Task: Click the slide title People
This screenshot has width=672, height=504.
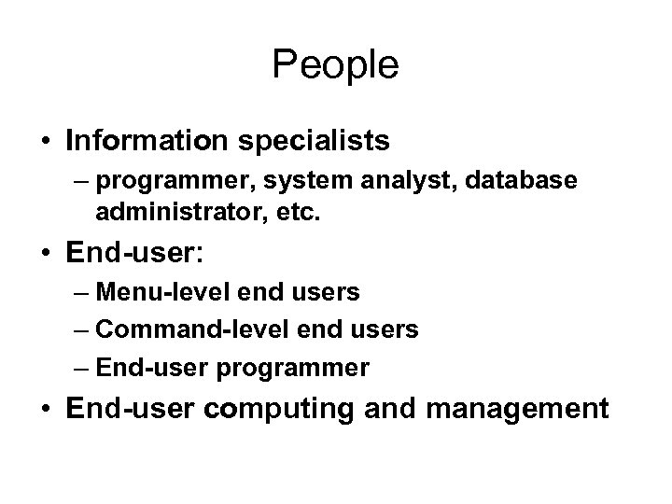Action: click(335, 65)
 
